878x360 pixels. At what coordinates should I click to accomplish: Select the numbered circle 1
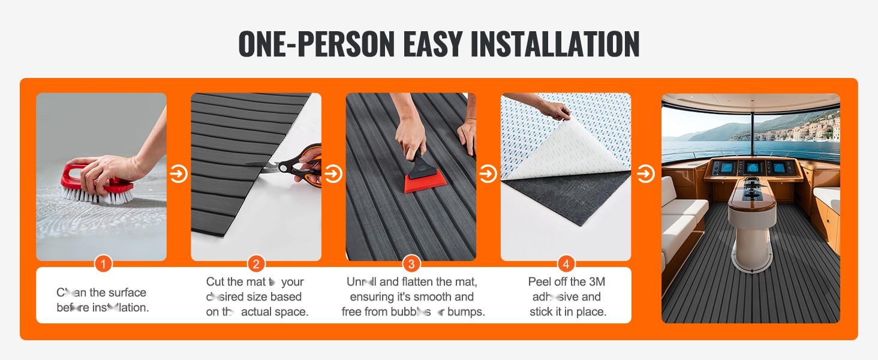click(x=103, y=263)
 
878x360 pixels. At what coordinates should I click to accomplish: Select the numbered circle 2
click(x=256, y=263)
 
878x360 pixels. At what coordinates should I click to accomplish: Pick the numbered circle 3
click(x=411, y=263)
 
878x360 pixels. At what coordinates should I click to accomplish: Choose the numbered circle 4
click(x=566, y=263)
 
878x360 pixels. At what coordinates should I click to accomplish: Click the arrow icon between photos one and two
click(x=178, y=174)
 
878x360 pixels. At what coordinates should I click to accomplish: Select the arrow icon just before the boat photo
click(x=645, y=174)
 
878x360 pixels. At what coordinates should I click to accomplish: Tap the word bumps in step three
click(x=467, y=312)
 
